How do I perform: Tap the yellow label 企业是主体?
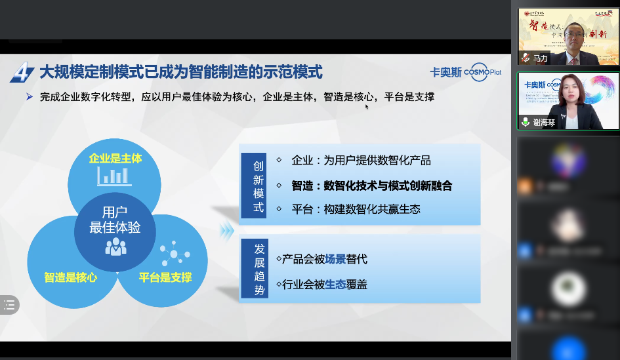coord(115,159)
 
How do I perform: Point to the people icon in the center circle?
coord(115,245)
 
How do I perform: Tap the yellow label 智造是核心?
coord(71,277)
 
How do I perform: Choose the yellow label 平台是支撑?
coord(165,277)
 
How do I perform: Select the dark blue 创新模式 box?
coord(258,184)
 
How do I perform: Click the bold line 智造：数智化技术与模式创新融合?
coord(372,186)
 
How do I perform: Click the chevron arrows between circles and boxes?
coord(227,230)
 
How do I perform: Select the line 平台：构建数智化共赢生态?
coord(356,209)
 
